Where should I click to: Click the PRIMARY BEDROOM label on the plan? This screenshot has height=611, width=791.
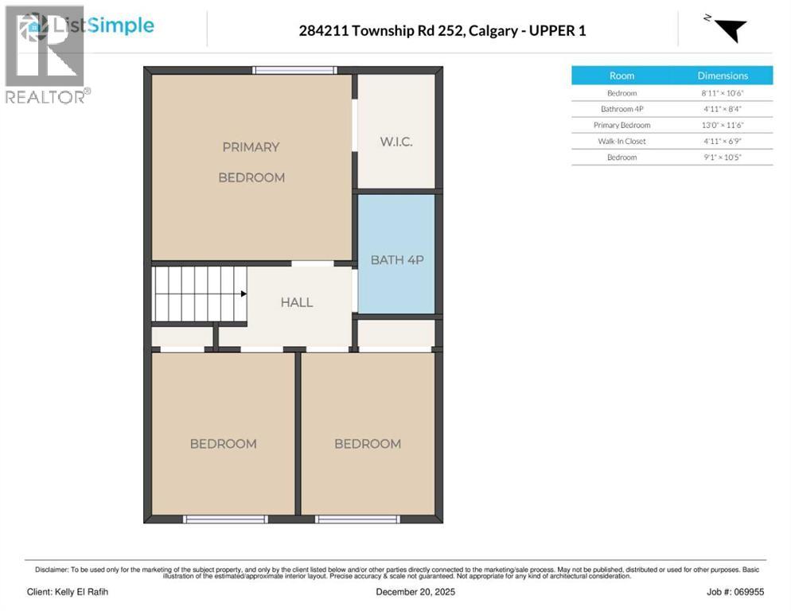pos(251,162)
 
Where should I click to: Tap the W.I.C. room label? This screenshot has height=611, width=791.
pos(395,141)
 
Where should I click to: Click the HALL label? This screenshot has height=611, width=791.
pos(296,302)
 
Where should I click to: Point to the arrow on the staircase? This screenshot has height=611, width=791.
pos(243,294)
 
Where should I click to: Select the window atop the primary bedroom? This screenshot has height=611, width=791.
pos(294,71)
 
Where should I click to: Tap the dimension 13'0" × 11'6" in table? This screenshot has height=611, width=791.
pos(723,125)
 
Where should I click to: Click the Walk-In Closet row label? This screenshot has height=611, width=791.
pos(621,141)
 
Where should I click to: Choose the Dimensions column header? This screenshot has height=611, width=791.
pos(723,76)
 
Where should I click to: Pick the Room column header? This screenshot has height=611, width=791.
pos(621,76)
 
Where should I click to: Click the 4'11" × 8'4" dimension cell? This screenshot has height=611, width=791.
pos(723,109)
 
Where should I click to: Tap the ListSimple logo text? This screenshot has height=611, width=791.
pos(103,26)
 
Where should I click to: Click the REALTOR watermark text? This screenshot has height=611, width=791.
pos(46,97)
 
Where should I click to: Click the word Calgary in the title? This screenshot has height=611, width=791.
pos(491,31)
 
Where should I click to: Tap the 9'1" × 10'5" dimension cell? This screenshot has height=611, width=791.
pos(723,157)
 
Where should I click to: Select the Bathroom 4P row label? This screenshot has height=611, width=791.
pos(621,109)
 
